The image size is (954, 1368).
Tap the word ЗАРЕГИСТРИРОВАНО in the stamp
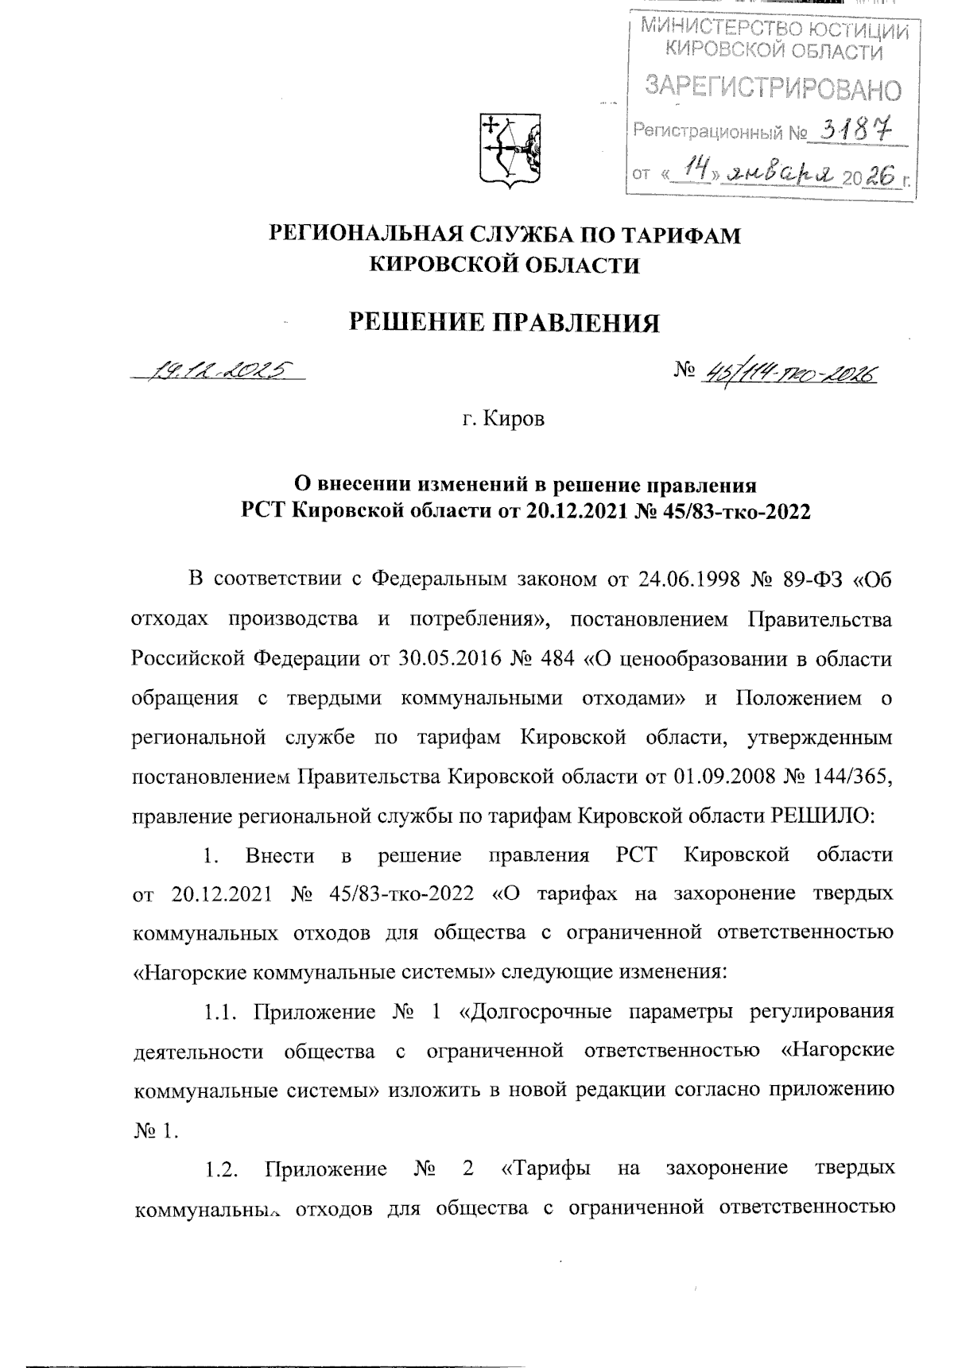click(x=773, y=88)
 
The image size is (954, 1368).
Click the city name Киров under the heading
click(x=516, y=419)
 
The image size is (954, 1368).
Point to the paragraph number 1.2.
click(x=222, y=1168)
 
